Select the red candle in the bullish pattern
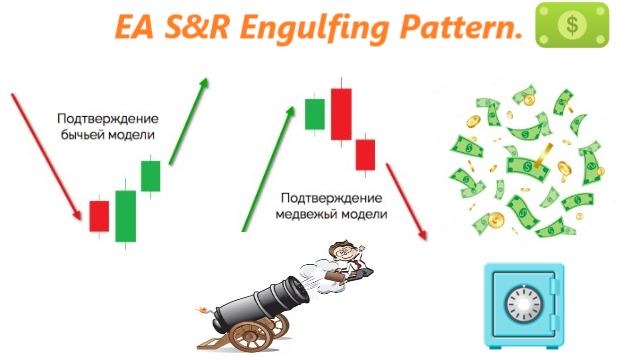point(99,215)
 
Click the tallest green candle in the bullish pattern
point(125,215)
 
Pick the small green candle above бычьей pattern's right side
point(150,175)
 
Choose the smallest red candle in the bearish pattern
point(365,154)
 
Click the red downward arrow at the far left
point(45,155)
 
